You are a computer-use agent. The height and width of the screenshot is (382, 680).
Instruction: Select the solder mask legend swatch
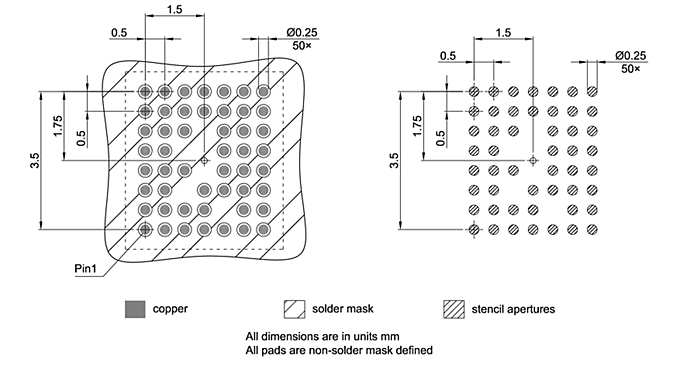click(x=295, y=308)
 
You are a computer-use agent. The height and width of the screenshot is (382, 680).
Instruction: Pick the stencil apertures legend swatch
click(x=456, y=308)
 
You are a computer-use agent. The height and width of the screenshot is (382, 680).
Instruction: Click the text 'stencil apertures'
click(x=513, y=308)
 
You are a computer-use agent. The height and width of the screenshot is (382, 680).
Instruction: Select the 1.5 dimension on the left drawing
click(x=175, y=9)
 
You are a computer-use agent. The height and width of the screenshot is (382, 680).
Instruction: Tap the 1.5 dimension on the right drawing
click(x=503, y=34)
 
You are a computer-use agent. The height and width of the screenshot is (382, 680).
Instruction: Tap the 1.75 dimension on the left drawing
click(x=59, y=125)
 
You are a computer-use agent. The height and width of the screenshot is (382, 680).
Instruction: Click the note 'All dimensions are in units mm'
click(x=316, y=336)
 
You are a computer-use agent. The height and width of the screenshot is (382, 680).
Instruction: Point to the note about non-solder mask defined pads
click(x=339, y=350)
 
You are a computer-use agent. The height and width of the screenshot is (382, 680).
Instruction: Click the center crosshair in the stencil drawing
click(x=533, y=160)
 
